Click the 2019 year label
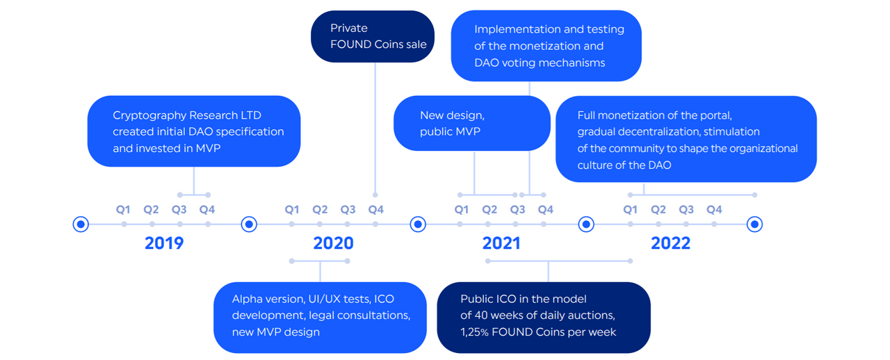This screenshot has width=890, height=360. (164, 243)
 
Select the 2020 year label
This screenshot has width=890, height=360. (333, 243)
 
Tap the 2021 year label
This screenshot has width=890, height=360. (501, 243)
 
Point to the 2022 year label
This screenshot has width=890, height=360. (671, 243)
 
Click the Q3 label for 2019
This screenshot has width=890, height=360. (179, 209)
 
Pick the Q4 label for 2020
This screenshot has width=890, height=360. (376, 209)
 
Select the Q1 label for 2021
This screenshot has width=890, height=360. (461, 209)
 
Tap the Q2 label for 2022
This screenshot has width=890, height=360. (658, 209)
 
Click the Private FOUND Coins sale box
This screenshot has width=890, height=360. (373, 36)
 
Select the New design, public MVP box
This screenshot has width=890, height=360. (472, 123)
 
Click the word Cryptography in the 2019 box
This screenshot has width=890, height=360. (149, 115)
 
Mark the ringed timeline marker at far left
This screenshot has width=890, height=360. (81, 224)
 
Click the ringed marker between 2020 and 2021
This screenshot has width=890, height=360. (418, 224)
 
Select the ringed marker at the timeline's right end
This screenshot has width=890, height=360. (754, 224)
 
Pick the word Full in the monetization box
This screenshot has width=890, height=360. (586, 115)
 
